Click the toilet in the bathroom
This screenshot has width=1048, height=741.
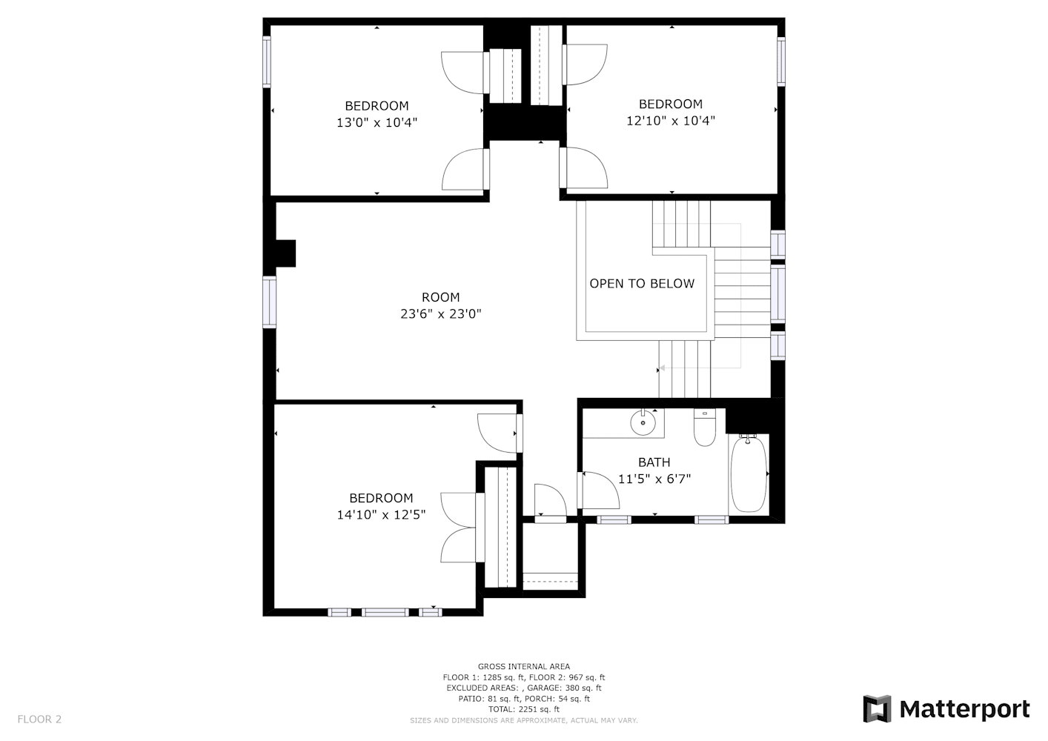pyautogui.click(x=705, y=428)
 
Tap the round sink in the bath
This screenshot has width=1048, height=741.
pyautogui.click(x=643, y=422)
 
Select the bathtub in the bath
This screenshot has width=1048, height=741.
pyautogui.click(x=749, y=474)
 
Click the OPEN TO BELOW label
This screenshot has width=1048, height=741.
pyautogui.click(x=642, y=284)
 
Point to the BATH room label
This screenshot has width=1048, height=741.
pyautogui.click(x=654, y=462)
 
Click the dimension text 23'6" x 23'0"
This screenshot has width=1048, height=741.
pyautogui.click(x=441, y=313)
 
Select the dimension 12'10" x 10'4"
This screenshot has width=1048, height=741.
pyautogui.click(x=671, y=121)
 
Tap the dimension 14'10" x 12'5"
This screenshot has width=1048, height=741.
pyautogui.click(x=381, y=514)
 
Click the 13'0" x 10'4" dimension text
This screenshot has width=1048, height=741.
pyautogui.click(x=377, y=122)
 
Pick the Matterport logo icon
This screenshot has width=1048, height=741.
pyautogui.click(x=877, y=708)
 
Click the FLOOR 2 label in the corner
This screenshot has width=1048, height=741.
pyautogui.click(x=39, y=719)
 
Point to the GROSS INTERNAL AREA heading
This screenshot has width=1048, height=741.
pyautogui.click(x=524, y=666)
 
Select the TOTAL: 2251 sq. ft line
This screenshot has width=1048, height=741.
pyautogui.click(x=524, y=709)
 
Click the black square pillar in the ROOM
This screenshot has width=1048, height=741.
pyautogui.click(x=285, y=253)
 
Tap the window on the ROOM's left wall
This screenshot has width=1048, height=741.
pyautogui.click(x=269, y=302)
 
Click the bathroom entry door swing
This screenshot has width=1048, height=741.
pyautogui.click(x=600, y=490)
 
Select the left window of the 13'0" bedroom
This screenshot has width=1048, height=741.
pyautogui.click(x=267, y=62)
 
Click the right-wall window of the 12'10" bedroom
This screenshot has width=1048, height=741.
pyautogui.click(x=781, y=62)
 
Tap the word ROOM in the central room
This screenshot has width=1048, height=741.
pyautogui.click(x=441, y=297)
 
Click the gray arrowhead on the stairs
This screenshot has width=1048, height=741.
pyautogui.click(x=662, y=368)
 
